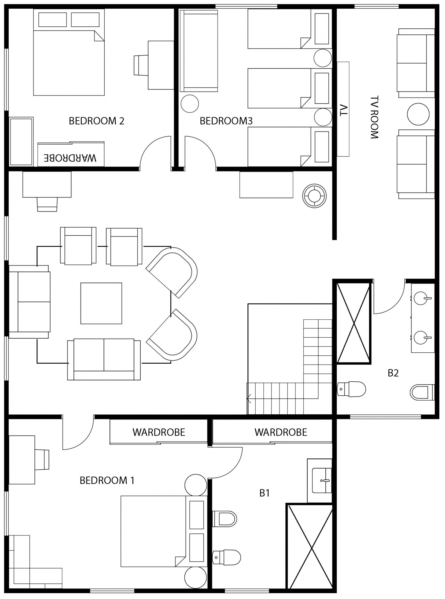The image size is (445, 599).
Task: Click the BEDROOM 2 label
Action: coord(96,121)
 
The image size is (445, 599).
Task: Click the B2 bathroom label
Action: coord(393,373)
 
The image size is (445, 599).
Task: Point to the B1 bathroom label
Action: coord(265,493)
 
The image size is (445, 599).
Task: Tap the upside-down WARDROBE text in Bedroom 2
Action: coord(70,158)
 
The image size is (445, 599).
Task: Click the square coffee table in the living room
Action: coord(101,303)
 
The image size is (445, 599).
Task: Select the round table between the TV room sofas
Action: coord(418,114)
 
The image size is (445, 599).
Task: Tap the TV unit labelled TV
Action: coord(343,109)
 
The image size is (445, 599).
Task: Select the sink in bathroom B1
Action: coord(322,481)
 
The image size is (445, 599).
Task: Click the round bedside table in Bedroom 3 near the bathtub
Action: coord(190,104)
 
